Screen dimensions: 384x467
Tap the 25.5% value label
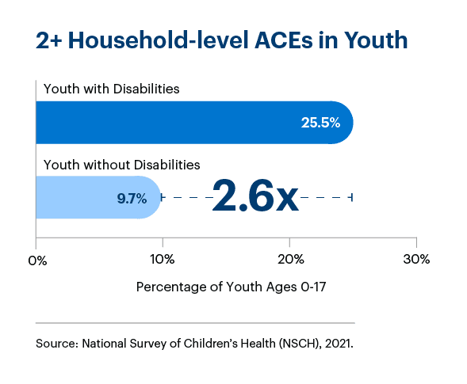[x=320, y=123]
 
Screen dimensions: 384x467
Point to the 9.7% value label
[x=132, y=198]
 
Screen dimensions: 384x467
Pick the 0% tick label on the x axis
[x=36, y=260]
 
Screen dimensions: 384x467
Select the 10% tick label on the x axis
[x=163, y=260]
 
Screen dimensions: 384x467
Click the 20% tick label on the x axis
[x=290, y=260]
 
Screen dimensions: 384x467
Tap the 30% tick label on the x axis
[x=416, y=260]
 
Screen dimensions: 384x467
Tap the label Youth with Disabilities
[x=111, y=89]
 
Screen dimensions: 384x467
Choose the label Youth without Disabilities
[x=121, y=165]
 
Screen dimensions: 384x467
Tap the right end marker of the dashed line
[x=351, y=197]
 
